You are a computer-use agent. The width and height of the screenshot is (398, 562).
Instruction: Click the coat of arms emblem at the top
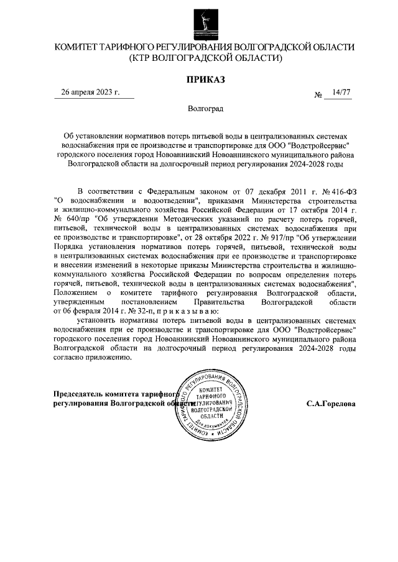(x=205, y=22)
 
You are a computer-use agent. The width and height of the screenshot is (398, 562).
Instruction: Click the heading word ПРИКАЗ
(x=205, y=79)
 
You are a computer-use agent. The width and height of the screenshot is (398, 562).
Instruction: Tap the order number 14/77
(x=341, y=93)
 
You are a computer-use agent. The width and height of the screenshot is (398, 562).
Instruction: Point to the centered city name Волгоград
(x=205, y=108)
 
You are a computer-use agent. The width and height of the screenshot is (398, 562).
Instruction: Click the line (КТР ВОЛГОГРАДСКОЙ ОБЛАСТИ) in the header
(x=205, y=58)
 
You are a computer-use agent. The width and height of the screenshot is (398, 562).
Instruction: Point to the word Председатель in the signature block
(x=80, y=393)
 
